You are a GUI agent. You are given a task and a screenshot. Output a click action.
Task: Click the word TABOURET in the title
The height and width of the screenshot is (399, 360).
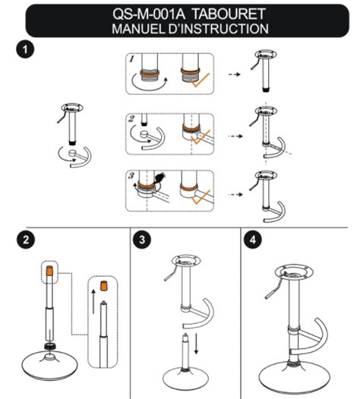229,14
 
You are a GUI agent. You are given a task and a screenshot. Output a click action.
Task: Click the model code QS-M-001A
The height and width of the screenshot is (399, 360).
149,14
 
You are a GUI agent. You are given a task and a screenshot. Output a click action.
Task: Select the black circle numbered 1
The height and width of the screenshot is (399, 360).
25,49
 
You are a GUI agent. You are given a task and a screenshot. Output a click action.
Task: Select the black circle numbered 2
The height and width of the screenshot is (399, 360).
26,240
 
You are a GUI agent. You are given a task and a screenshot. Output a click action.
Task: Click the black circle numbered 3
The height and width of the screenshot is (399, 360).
142,240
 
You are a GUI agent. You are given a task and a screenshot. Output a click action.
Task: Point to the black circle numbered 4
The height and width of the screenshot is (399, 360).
253,240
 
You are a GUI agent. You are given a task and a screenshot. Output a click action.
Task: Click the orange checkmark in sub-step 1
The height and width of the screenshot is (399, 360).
201,80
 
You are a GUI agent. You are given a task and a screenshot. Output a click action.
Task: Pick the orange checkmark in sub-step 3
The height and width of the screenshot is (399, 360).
201,197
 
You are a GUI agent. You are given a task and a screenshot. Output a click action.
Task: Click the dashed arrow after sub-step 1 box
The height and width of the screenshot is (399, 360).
235,74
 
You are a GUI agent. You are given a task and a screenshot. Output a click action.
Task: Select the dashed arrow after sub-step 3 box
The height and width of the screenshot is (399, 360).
235,195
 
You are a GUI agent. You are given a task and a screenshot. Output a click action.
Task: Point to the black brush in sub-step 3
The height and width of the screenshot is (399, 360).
159,177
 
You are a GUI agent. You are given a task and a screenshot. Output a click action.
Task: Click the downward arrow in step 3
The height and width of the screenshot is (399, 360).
196,344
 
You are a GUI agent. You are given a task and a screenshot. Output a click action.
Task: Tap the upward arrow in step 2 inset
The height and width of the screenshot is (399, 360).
93,301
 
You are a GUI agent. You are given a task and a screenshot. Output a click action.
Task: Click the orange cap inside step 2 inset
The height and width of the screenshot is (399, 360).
103,285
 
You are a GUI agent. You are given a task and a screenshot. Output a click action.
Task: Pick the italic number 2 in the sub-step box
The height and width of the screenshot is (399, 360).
131,119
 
